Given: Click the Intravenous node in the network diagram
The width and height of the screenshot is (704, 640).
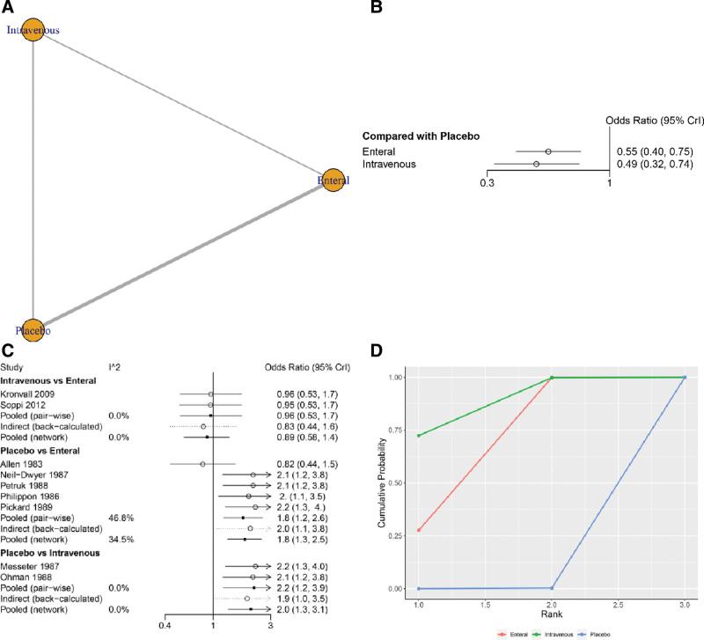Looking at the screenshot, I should [33, 30].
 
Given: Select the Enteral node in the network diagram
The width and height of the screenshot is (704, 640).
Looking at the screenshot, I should [332, 180].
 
